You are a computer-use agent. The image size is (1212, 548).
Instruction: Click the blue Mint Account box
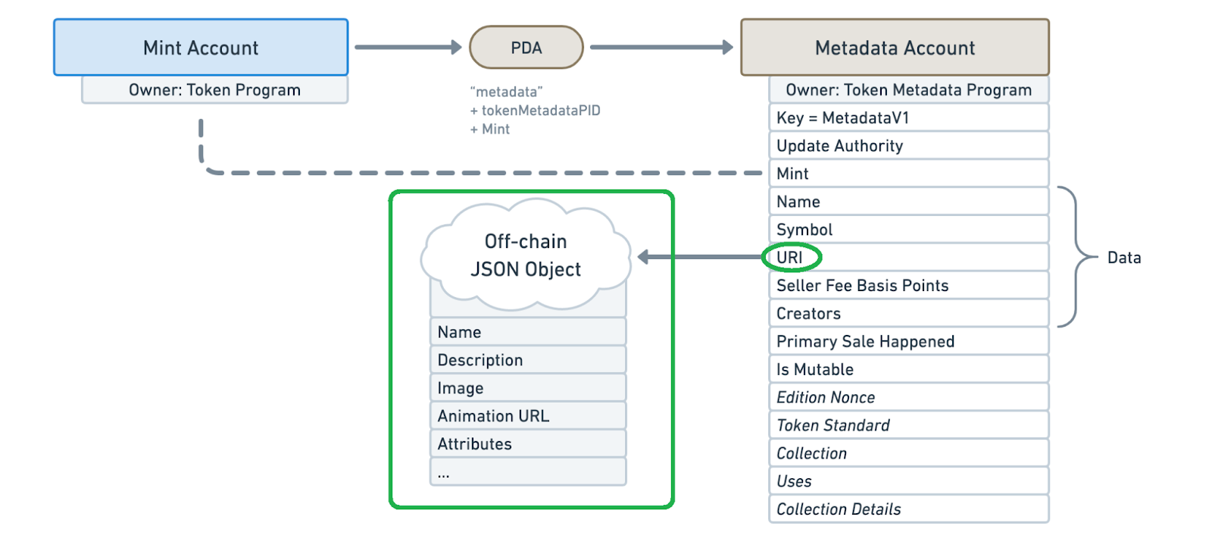(201, 48)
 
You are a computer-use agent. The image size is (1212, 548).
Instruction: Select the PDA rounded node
(526, 48)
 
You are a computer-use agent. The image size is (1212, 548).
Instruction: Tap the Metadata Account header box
(895, 48)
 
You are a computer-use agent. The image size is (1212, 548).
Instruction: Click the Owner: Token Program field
(214, 90)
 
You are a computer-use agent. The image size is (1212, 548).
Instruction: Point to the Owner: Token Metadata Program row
(908, 90)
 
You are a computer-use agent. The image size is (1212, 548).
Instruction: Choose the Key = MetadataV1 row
(908, 118)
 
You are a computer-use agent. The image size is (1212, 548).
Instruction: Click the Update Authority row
(908, 146)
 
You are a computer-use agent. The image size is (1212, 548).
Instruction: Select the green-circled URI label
(790, 258)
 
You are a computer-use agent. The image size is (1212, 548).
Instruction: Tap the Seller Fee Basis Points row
(908, 286)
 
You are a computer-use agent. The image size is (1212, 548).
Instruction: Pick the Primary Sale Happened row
(908, 342)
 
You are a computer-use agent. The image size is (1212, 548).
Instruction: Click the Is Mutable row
(908, 370)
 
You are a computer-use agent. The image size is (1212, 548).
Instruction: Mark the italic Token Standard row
(908, 426)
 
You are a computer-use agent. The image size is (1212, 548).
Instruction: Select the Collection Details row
(908, 509)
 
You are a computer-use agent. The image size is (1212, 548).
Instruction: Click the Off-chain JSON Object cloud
(526, 255)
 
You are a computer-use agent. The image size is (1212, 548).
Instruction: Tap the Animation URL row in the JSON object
(527, 416)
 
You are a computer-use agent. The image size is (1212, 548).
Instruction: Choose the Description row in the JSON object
(527, 360)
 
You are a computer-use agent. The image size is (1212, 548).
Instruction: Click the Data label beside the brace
(1123, 258)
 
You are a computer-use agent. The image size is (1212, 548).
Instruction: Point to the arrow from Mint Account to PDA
(408, 47)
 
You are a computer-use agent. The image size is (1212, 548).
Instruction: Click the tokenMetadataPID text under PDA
(540, 111)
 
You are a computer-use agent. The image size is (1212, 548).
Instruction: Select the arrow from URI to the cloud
(701, 258)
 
